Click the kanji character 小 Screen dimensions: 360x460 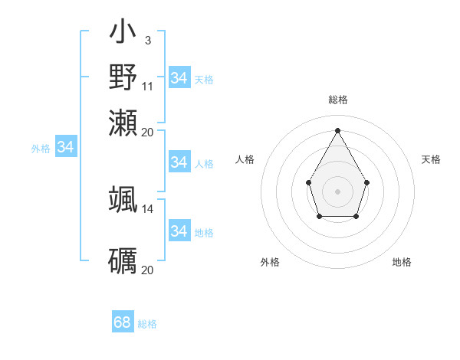point(123,33)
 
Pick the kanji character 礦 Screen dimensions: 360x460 point(123,261)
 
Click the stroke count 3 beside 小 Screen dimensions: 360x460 point(147,40)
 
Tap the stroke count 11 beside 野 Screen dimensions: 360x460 point(147,85)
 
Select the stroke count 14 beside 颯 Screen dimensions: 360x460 point(147,208)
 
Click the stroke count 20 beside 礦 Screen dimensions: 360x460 point(147,270)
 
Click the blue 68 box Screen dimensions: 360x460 point(123,322)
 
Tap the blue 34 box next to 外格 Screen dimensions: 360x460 point(65,147)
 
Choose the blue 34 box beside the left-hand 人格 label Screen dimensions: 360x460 point(179,162)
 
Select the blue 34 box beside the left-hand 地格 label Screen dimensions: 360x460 point(179,231)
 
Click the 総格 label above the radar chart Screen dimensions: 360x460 point(337,100)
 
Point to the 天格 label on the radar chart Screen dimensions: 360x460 point(431,159)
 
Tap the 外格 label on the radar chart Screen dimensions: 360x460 point(270,262)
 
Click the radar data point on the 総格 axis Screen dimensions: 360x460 point(337,129)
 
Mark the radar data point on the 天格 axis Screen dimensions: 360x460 point(367,182)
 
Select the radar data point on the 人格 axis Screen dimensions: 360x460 point(308,182)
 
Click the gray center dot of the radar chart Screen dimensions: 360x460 point(337,191)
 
